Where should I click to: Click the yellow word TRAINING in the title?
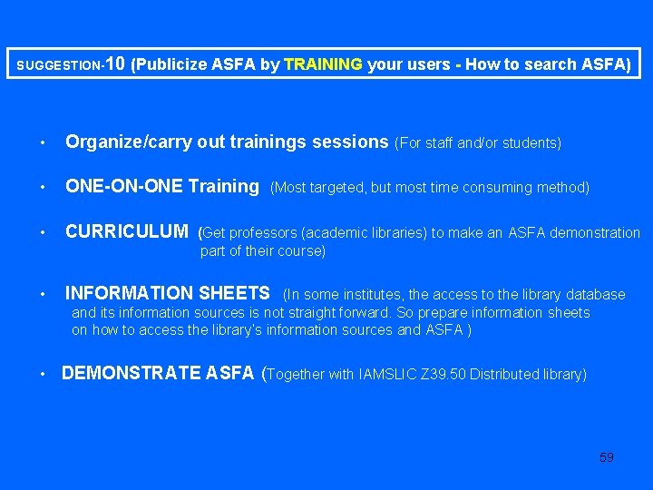click(x=324, y=64)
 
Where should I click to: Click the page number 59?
click(x=607, y=457)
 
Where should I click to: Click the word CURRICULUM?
click(x=127, y=232)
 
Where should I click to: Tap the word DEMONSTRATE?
click(x=132, y=373)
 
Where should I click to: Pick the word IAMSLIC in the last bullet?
click(x=387, y=374)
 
